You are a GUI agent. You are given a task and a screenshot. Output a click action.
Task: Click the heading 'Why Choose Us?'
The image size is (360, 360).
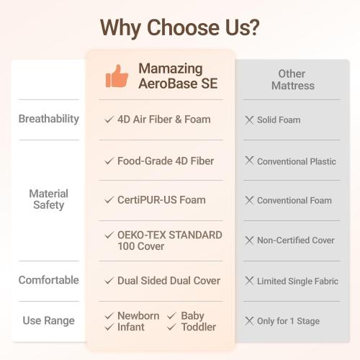point(180,27)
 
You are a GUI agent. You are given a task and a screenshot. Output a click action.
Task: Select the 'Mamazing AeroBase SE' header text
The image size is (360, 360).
point(178,76)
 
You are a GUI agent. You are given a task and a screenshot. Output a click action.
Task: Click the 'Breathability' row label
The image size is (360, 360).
point(49,119)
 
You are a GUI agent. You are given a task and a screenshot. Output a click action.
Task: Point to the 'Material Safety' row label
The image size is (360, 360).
point(49,199)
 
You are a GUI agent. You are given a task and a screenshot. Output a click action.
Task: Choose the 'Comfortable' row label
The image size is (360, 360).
point(49,280)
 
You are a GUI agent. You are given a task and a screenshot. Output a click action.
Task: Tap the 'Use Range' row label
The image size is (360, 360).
point(49,320)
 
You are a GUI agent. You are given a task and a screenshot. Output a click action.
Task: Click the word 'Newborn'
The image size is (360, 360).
point(138,316)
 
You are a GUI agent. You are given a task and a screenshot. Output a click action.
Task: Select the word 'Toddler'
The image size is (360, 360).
point(198,327)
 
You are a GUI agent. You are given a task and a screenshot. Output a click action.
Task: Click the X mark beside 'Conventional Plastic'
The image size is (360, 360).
point(249,161)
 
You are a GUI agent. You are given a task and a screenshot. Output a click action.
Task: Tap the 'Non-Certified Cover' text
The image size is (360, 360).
point(296,240)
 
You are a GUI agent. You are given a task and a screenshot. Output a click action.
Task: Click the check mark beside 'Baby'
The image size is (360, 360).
point(172,316)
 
